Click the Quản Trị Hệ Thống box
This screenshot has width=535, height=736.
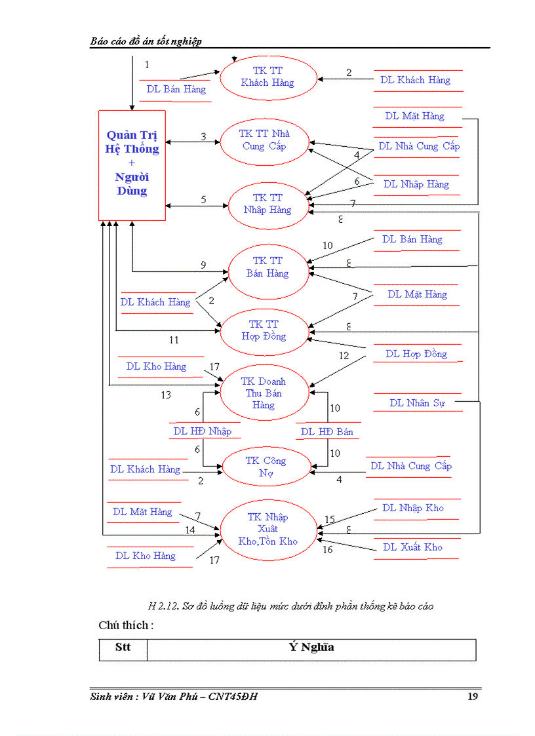tap(132, 165)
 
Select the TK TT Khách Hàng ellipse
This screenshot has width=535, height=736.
tap(267, 77)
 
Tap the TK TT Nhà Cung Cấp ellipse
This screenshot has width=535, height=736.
tap(264, 140)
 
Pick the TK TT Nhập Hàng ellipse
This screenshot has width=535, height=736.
tap(267, 204)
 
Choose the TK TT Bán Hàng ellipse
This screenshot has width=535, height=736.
tap(267, 267)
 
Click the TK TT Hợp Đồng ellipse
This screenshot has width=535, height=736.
tap(264, 330)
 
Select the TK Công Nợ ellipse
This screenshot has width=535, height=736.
tap(266, 467)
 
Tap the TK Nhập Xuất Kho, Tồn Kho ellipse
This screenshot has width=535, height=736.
tap(268, 529)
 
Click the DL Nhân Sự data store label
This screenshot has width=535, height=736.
tap(417, 403)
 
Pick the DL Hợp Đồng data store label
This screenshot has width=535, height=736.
tap(416, 354)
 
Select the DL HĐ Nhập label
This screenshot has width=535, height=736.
tap(202, 431)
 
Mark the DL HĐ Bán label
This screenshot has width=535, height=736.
tap(327, 431)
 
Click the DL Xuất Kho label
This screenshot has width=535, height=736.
tap(412, 547)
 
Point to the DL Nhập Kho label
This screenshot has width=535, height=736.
tap(413, 508)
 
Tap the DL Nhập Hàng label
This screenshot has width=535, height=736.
tap(416, 184)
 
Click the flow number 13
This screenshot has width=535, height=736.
tap(166, 395)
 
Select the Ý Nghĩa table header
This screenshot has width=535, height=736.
tap(311, 648)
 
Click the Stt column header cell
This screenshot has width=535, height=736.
tap(123, 648)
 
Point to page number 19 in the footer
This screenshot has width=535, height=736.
tap(472, 696)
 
